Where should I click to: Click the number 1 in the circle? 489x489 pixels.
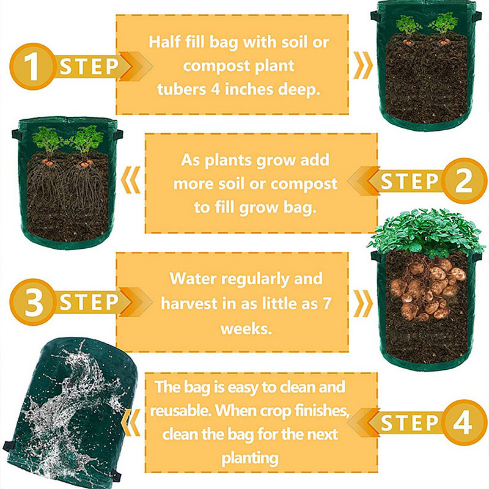pyautogui.click(x=30, y=67)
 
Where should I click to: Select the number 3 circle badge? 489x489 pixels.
pyautogui.click(x=30, y=301)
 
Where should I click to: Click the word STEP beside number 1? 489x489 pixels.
pyautogui.click(x=89, y=67)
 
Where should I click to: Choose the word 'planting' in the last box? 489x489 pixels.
pyautogui.click(x=250, y=457)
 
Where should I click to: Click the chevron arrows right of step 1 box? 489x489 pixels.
pyautogui.click(x=362, y=65)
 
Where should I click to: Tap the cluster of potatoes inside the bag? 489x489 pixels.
pyautogui.click(x=427, y=287)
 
